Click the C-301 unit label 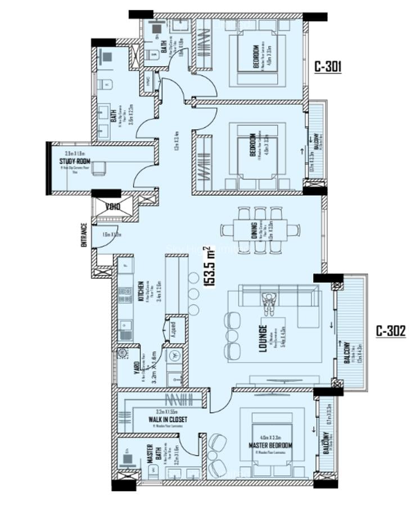[328, 67]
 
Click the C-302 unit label [391, 331]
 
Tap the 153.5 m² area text [211, 268]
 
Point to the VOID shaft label [113, 206]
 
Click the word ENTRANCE [84, 236]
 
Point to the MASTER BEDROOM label [270, 446]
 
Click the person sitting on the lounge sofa [270, 300]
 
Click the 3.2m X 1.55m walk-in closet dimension [168, 412]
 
